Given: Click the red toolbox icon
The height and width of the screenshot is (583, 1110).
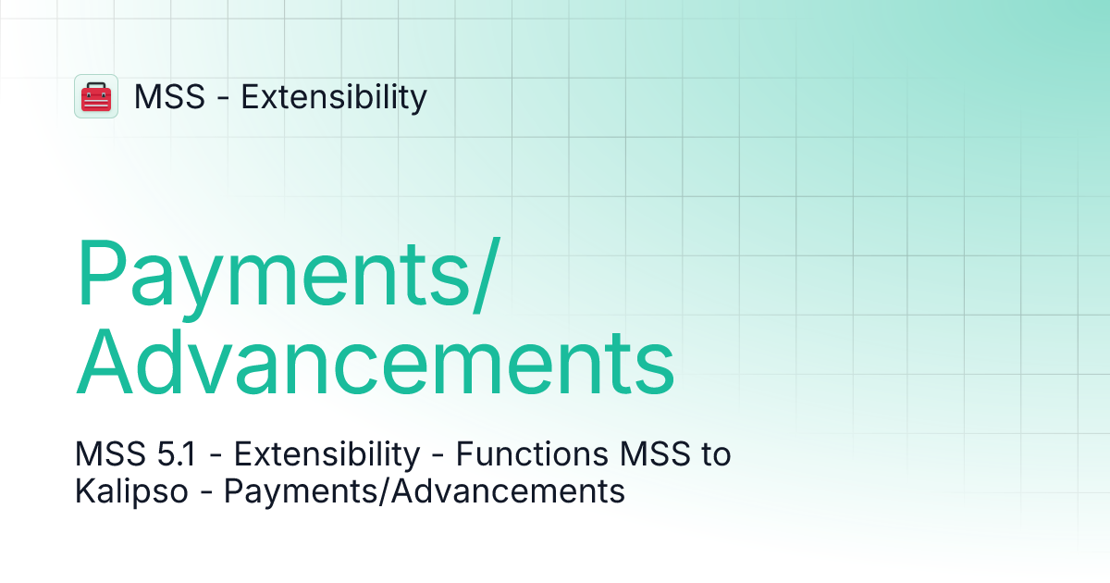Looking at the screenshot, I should click(x=96, y=96).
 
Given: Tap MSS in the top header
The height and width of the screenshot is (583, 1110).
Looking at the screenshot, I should click(x=169, y=96).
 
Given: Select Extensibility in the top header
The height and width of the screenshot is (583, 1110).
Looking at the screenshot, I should click(x=334, y=96).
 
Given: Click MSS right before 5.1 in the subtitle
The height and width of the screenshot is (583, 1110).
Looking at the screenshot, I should click(x=107, y=454).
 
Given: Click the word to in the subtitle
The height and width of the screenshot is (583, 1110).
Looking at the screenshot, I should click(x=713, y=454).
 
